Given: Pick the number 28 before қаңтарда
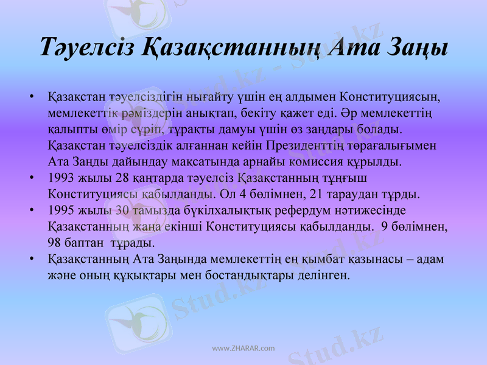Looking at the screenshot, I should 122,179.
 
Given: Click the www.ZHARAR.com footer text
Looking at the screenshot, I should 243,349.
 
